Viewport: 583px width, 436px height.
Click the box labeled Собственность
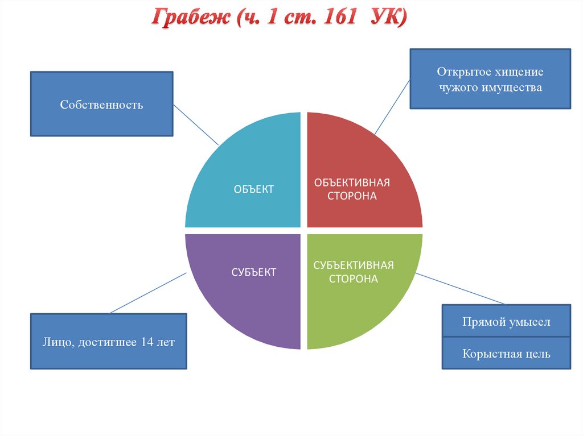click(x=101, y=104)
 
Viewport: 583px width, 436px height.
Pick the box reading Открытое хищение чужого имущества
click(x=490, y=79)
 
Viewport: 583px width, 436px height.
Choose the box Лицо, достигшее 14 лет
click(x=108, y=341)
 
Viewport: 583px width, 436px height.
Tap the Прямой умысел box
click(x=506, y=322)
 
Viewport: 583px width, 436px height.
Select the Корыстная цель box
click(x=506, y=354)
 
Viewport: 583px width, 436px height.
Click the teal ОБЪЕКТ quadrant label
click(x=254, y=189)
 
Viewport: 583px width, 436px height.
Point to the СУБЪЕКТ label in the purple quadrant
click(x=254, y=272)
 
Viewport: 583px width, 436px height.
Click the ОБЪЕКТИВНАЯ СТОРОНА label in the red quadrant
click(x=352, y=189)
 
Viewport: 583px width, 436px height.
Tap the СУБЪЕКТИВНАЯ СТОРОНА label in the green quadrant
click(x=354, y=272)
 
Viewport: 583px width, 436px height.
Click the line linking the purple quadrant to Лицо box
click(x=148, y=293)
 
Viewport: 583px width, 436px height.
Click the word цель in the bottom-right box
click(x=538, y=354)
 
